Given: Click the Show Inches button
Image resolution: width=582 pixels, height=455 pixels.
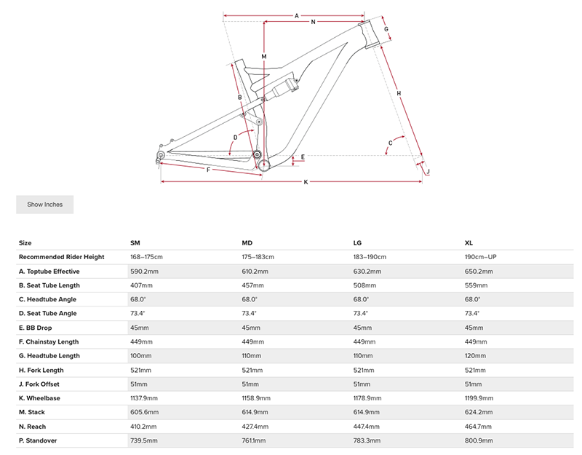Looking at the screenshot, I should tap(45, 205).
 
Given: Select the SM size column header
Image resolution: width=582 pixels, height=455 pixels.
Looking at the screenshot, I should tap(135, 242).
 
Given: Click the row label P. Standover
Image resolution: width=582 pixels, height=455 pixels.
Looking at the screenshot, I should tap(39, 441).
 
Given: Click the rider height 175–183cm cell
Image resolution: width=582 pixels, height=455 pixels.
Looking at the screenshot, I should tap(260, 257).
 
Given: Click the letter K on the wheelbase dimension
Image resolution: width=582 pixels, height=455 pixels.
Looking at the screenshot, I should tap(306, 181).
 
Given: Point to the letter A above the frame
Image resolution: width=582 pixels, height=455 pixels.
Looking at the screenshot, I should tap(297, 15).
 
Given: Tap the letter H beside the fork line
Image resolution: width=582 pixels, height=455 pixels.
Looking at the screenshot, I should tap(399, 92).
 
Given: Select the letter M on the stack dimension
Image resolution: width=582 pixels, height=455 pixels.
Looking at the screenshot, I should tap(264, 56).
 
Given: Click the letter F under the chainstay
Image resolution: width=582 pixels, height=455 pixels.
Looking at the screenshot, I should tap(209, 170).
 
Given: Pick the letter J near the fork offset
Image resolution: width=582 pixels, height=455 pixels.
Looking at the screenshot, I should tap(428, 172).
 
